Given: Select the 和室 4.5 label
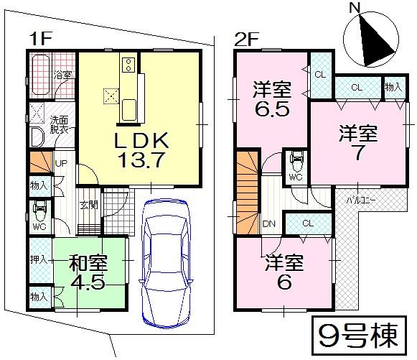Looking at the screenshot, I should (x=88, y=270).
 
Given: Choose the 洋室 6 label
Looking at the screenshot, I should (x=284, y=270).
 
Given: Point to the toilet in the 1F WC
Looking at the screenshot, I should (x=39, y=212).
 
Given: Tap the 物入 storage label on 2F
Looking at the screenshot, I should (x=393, y=86).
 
